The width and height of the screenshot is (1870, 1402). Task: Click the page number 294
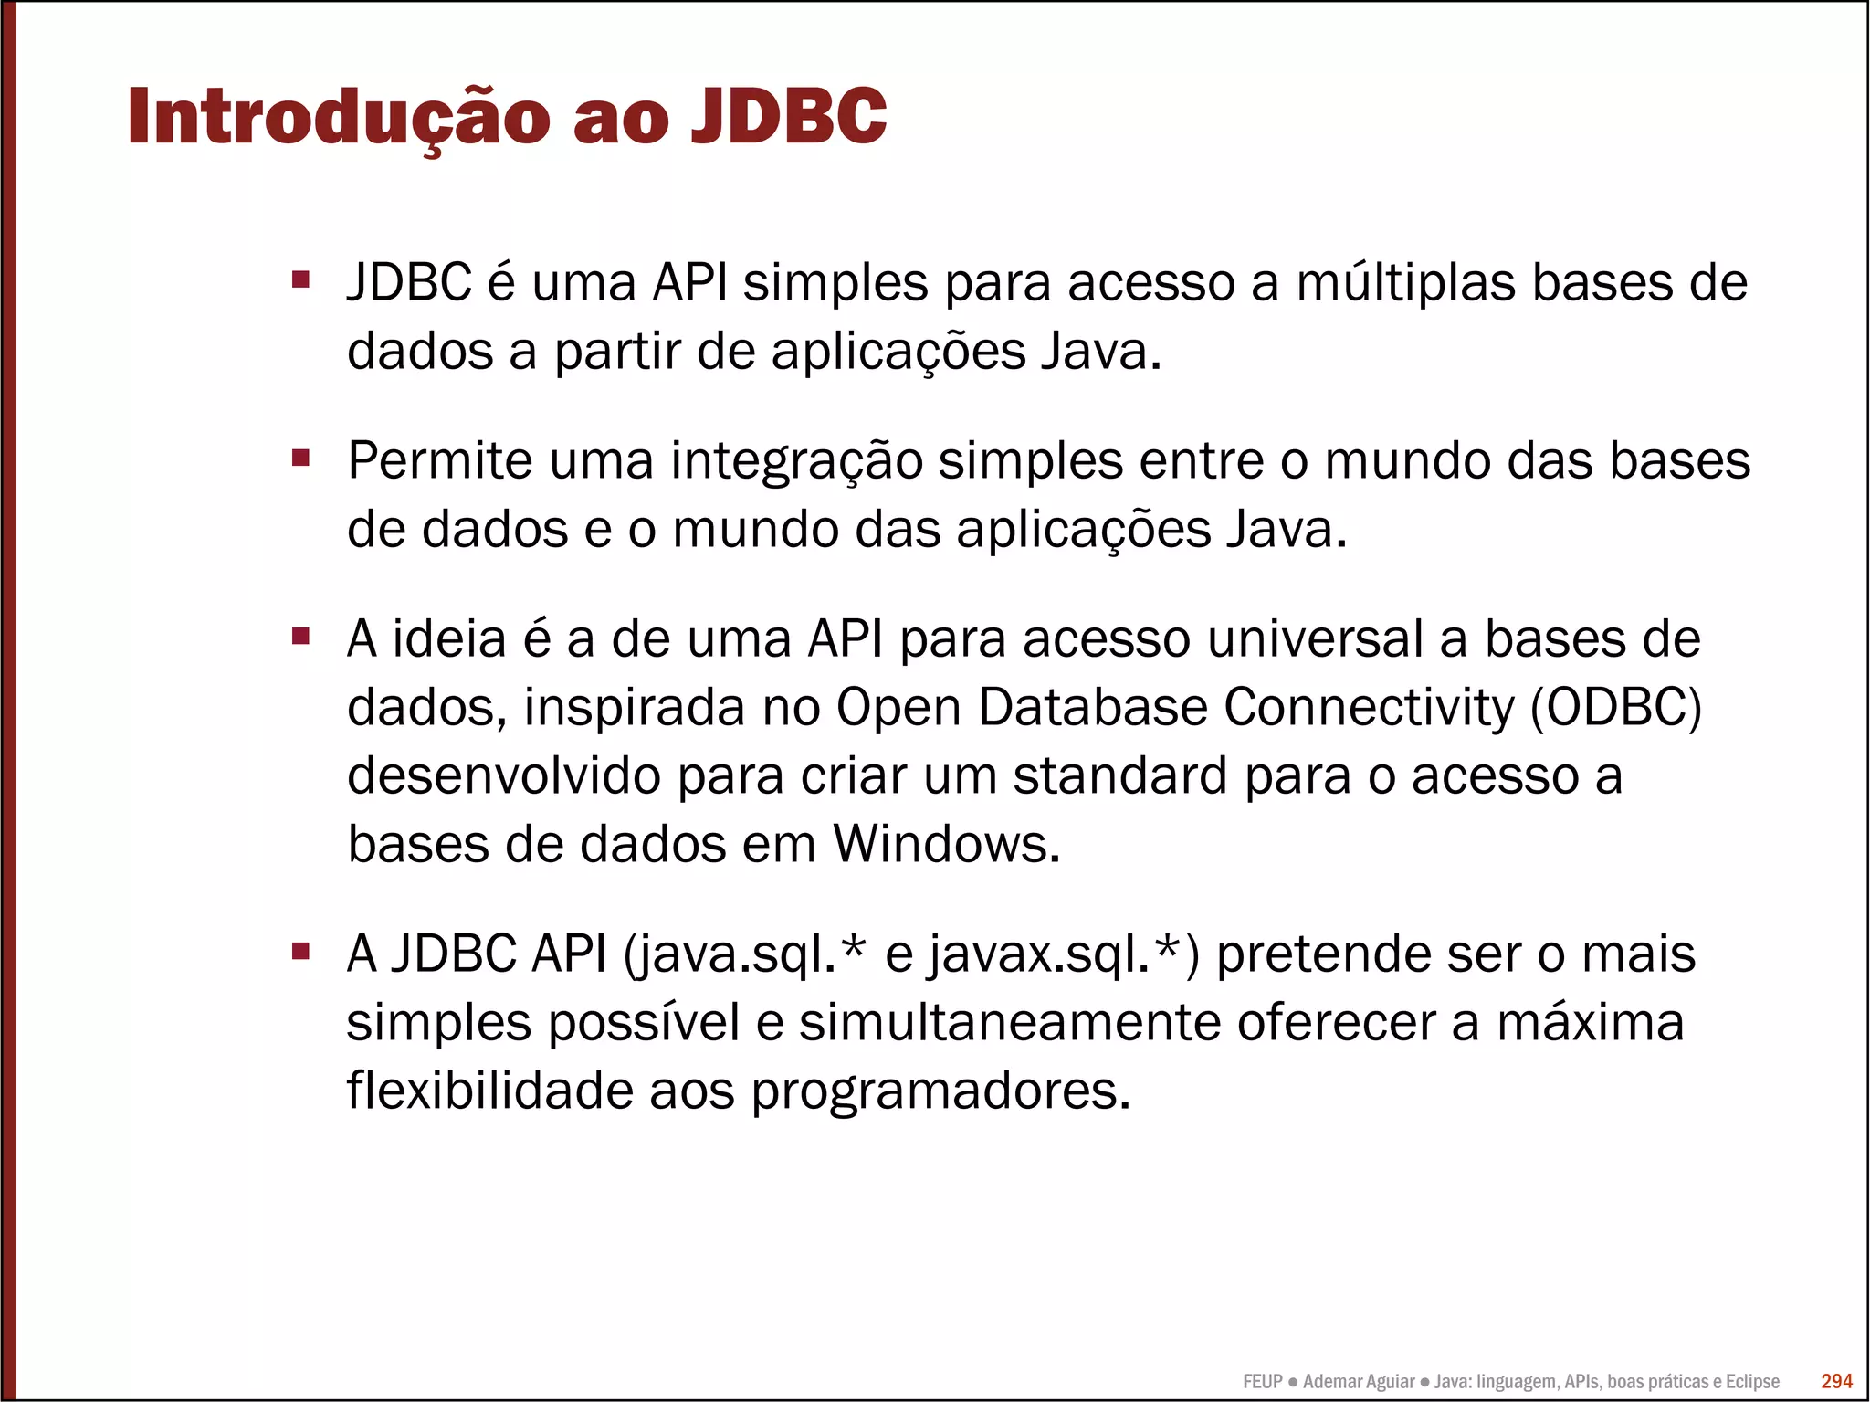[1836, 1381]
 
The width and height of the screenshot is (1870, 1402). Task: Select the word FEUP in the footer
[1262, 1382]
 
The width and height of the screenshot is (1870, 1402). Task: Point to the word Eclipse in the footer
[1752, 1382]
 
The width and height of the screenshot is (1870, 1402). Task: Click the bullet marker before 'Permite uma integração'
[301, 457]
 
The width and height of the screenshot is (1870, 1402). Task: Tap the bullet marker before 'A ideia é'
[301, 635]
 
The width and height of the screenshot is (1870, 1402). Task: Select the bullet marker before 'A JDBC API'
[301, 951]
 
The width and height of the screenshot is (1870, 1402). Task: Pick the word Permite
[439, 460]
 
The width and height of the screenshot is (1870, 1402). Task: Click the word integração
[796, 462]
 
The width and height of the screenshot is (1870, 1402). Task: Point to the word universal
[1315, 638]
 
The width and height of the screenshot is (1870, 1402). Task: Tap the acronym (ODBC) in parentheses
[1616, 708]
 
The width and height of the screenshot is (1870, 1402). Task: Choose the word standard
[1120, 776]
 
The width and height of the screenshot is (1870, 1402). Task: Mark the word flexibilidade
[489, 1091]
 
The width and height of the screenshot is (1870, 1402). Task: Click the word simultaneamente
[1010, 1023]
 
